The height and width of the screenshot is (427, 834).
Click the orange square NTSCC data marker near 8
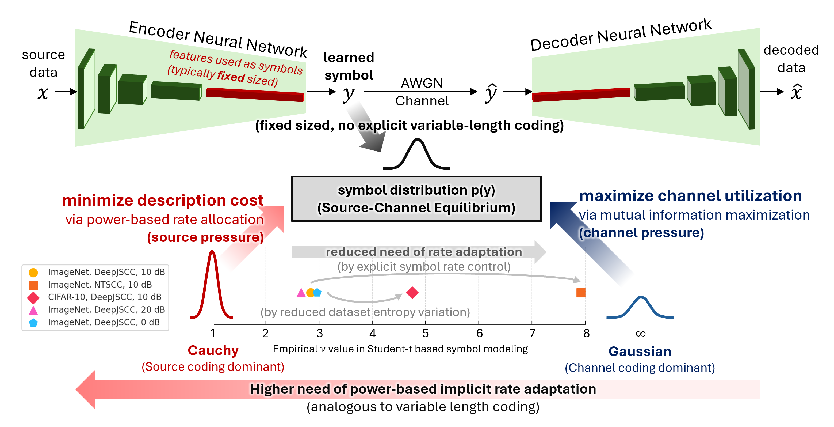[581, 293]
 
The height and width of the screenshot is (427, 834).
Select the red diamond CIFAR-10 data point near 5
[412, 293]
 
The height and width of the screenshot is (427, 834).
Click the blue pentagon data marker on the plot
[317, 293]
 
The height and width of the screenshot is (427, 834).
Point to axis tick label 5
[425, 333]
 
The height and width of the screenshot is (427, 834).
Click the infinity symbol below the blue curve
[640, 334]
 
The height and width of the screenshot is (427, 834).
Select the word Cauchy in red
[213, 350]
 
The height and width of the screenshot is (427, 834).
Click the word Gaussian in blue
[640, 351]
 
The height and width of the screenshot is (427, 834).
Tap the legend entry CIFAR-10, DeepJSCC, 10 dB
[104, 297]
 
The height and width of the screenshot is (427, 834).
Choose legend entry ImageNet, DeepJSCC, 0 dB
[104, 322]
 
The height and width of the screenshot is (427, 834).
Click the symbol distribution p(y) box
[416, 199]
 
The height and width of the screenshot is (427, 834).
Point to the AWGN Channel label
[422, 92]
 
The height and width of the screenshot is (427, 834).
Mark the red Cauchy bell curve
[212, 285]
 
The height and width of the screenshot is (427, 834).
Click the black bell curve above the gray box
[416, 154]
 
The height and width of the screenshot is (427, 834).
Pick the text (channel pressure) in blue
[641, 233]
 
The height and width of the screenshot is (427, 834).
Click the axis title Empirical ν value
[400, 349]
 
